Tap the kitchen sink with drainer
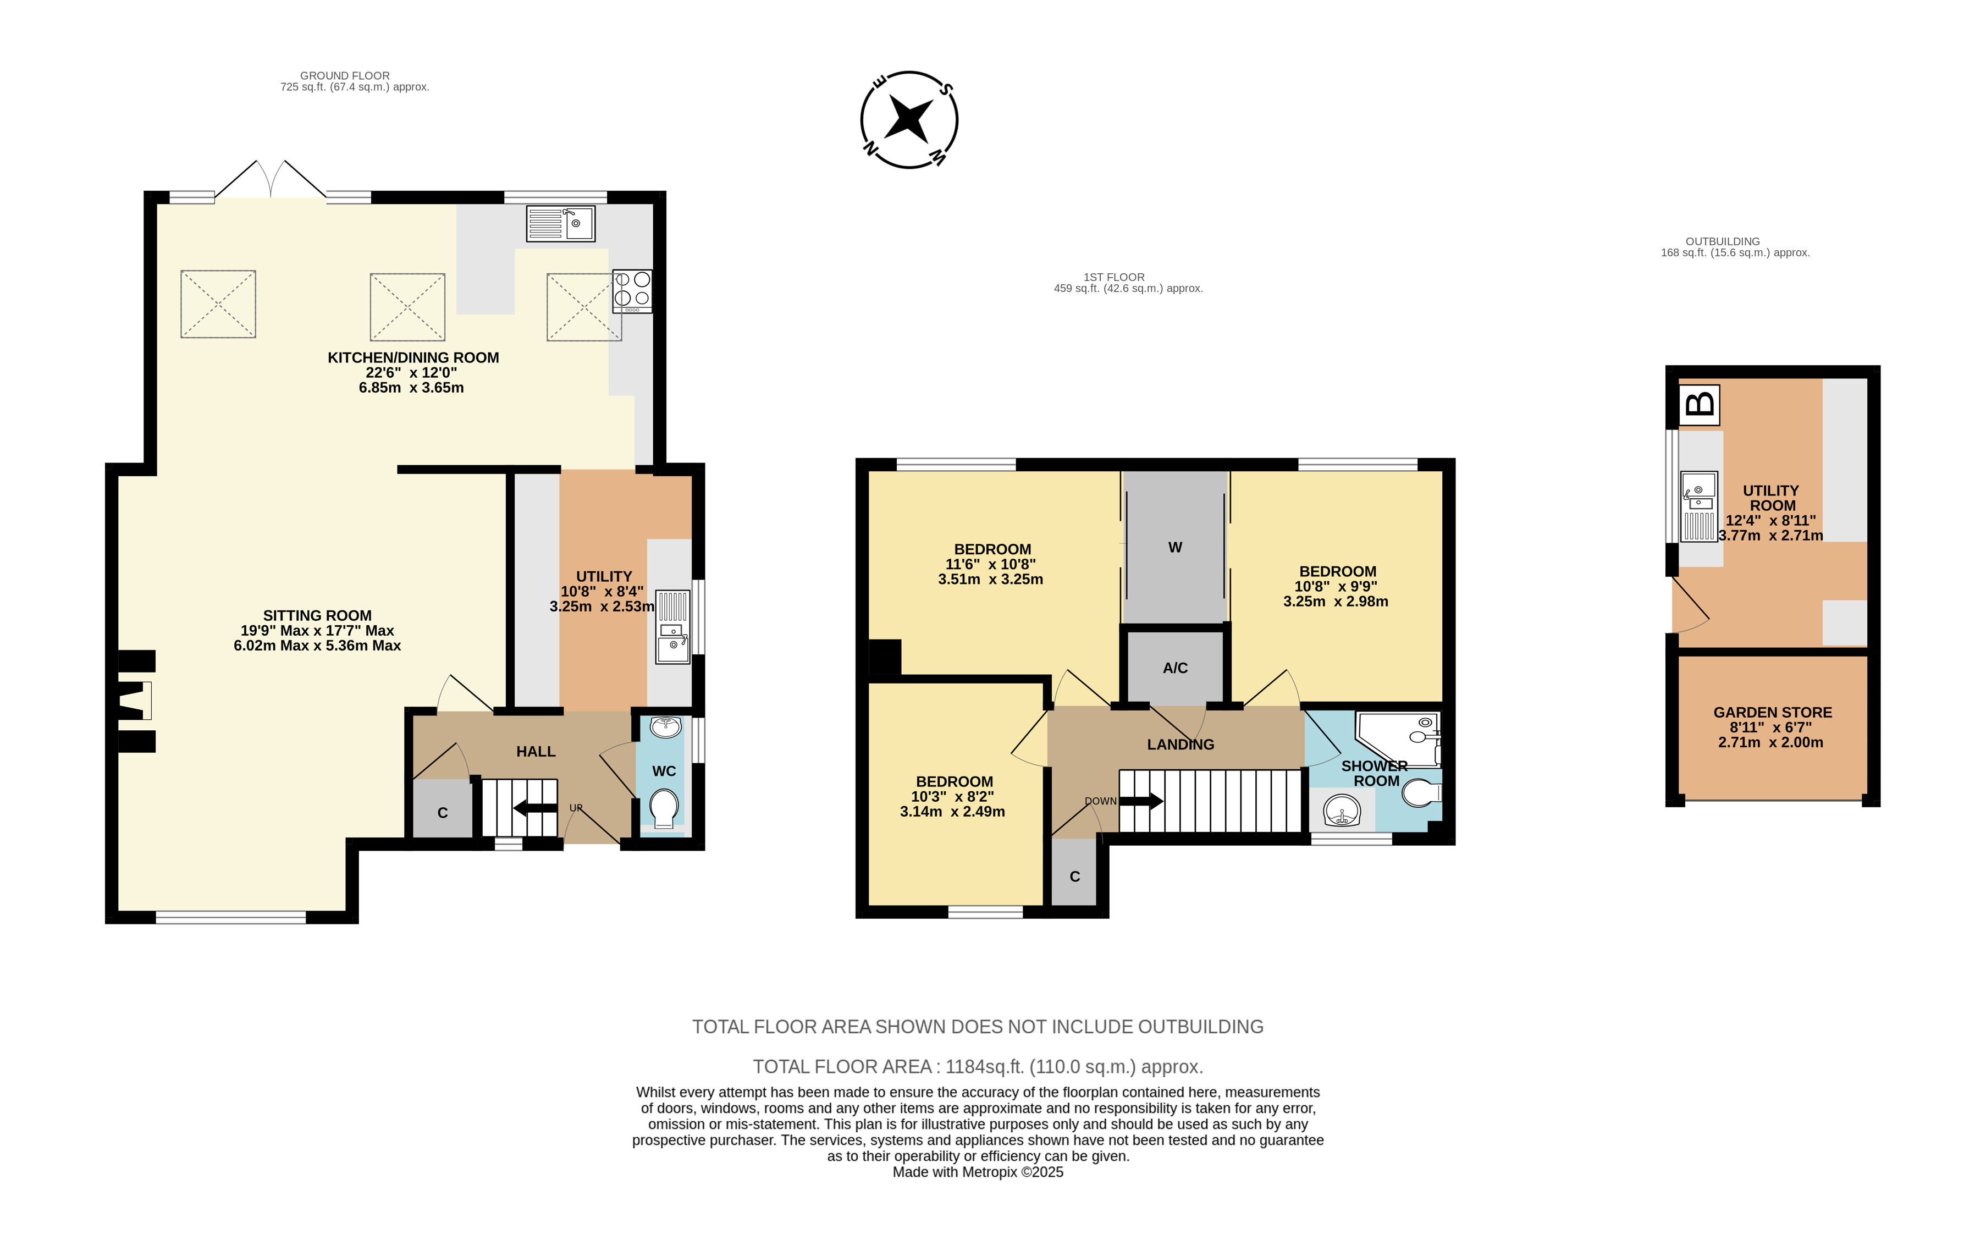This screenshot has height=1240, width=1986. click(x=561, y=223)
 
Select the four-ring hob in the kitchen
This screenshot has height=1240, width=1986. click(x=632, y=291)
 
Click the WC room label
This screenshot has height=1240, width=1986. click(x=664, y=771)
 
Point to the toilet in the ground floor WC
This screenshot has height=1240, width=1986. click(x=664, y=808)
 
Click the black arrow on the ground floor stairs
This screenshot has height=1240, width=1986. click(x=536, y=808)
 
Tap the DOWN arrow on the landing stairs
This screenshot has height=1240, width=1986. click(x=1141, y=801)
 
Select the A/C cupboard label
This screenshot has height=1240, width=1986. click(x=1175, y=668)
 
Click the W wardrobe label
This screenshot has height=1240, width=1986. click(x=1175, y=547)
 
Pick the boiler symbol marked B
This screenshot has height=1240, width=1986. click(x=1700, y=404)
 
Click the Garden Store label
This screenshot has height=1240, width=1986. click(x=1772, y=712)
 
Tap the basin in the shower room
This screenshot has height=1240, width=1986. click(x=1342, y=811)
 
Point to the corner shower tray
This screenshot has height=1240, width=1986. click(x=1399, y=737)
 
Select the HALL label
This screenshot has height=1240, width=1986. click(x=536, y=751)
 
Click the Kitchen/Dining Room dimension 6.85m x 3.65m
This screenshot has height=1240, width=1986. click(x=412, y=387)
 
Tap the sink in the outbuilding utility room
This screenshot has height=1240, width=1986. click(x=1699, y=506)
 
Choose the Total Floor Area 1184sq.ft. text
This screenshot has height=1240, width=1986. click(x=978, y=1066)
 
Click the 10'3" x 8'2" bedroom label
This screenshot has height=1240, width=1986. click(x=953, y=796)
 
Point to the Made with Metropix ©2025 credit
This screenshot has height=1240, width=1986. click(x=978, y=1172)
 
